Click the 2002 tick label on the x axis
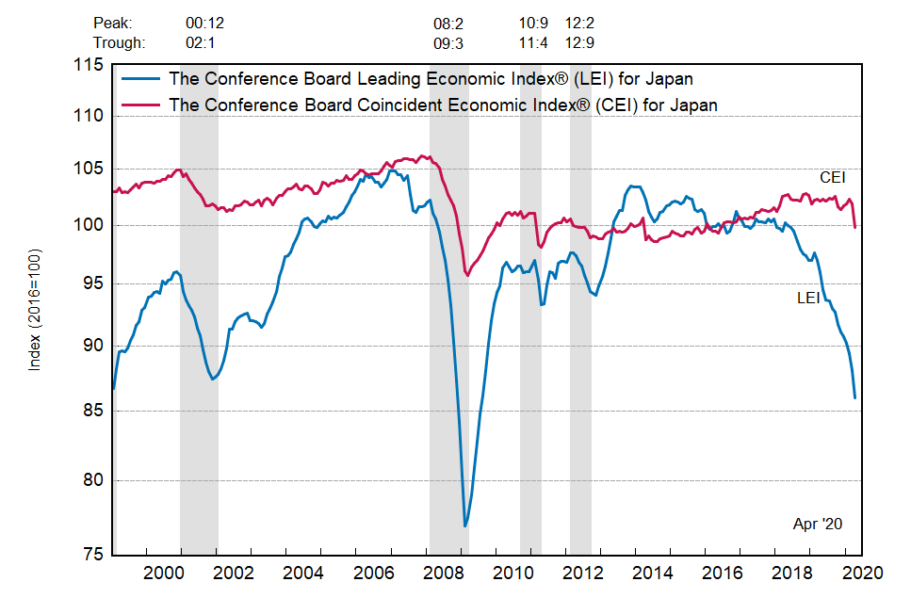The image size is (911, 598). coord(235,573)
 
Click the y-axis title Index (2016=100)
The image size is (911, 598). coord(36,308)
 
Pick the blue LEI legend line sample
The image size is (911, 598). coord(138,78)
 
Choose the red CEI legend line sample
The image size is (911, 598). coord(138,105)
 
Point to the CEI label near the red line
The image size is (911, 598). coord(832,177)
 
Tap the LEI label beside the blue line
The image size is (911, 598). coord(808,298)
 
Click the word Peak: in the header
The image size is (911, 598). coord(113,22)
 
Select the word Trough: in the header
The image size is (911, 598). coord(119,42)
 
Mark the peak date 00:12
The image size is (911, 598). coord(205,22)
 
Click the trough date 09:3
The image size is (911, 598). coord(448,42)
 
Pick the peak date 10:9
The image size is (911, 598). coord(533,22)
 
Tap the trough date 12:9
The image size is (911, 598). coord(578,42)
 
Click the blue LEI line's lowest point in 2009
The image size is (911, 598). coord(465,525)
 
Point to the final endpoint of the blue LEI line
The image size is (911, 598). coord(854,397)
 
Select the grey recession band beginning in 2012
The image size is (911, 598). coord(580,311)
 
